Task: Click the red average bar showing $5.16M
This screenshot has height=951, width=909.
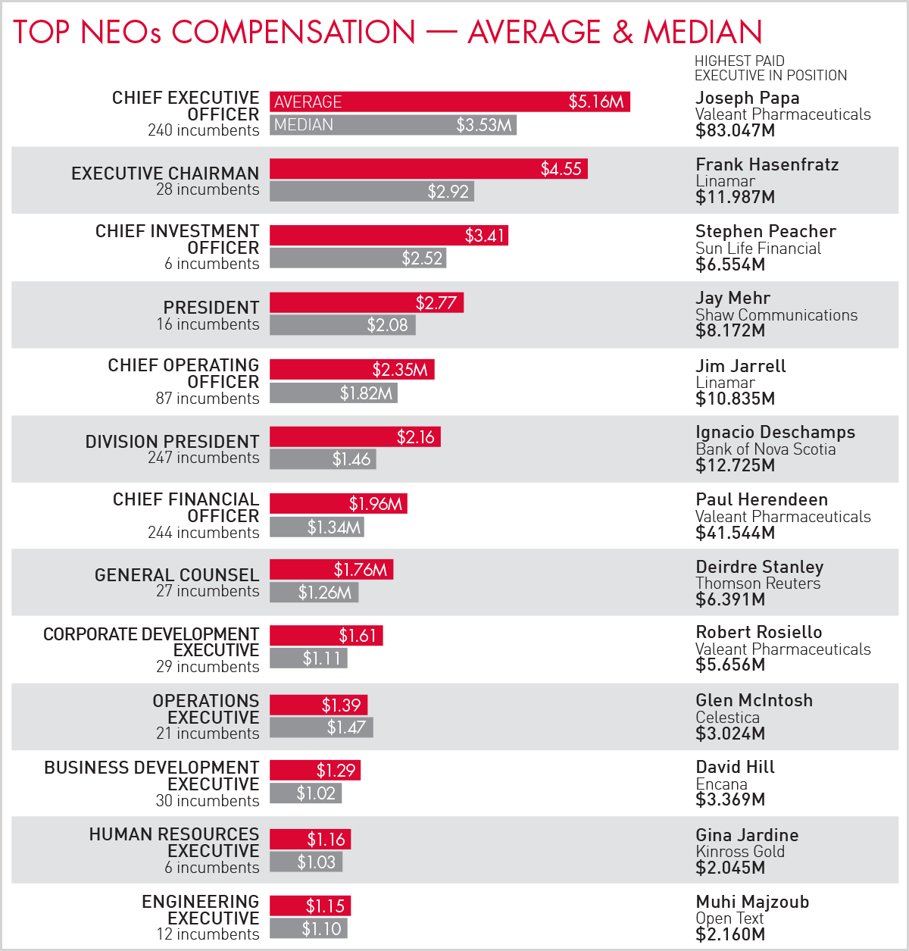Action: point(449,102)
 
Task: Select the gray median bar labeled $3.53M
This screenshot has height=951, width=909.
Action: point(392,125)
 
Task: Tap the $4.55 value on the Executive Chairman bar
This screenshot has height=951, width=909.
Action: point(561,169)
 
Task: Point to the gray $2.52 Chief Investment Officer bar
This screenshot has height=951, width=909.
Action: point(358,258)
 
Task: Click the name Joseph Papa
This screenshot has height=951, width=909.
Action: point(747,98)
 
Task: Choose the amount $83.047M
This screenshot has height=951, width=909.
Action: point(735,130)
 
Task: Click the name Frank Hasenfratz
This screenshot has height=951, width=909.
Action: point(767,164)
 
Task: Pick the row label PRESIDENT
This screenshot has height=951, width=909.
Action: point(211,307)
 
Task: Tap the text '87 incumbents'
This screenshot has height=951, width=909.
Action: point(208,399)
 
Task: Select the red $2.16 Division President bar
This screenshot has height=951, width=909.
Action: point(355,437)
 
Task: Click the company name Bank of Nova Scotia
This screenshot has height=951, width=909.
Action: point(765,449)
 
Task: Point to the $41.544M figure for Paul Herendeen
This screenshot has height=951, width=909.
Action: point(735,533)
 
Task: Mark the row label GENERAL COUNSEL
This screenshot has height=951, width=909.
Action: point(176,575)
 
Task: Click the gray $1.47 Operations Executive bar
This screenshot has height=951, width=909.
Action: point(321,727)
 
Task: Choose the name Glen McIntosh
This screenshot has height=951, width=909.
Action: point(754,700)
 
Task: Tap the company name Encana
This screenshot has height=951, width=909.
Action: point(721,784)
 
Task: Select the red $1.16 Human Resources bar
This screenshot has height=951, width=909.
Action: point(310,840)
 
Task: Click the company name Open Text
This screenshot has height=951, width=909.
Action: point(729,918)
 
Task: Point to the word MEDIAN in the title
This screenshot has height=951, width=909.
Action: point(702,32)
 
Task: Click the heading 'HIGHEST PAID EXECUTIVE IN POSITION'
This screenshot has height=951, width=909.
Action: point(770,68)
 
